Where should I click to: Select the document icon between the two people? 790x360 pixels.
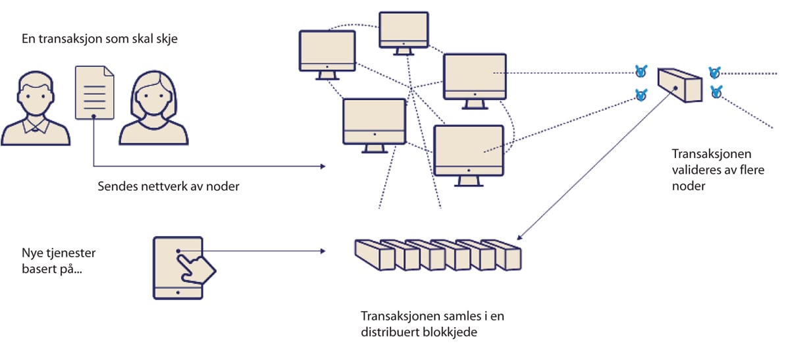[x=95, y=91]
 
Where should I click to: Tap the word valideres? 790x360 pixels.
[x=691, y=170]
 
